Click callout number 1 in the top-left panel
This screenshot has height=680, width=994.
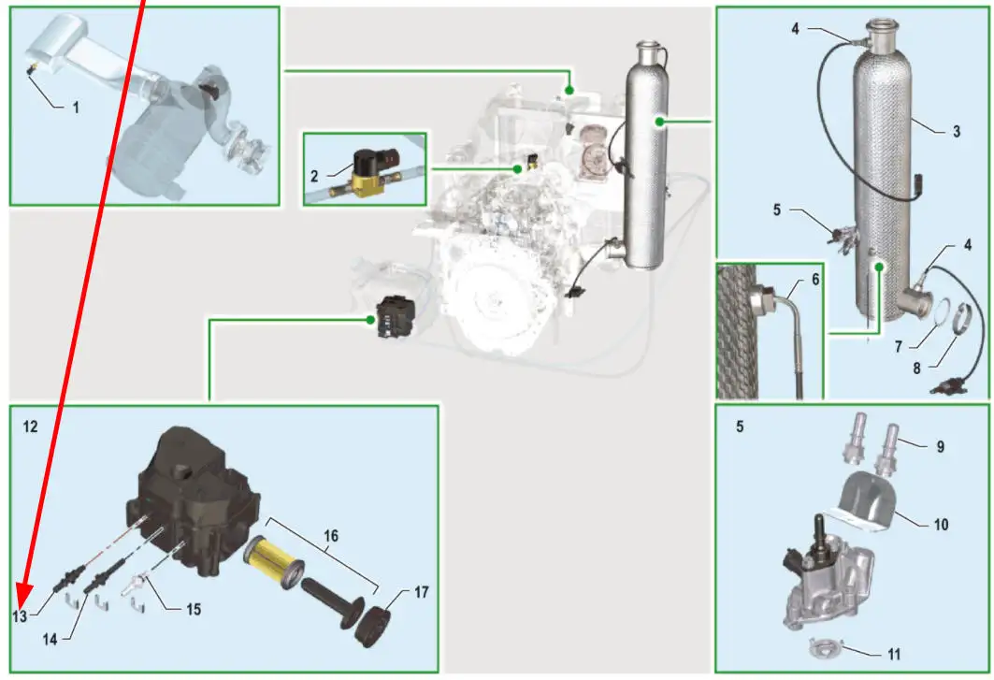pyautogui.click(x=76, y=107)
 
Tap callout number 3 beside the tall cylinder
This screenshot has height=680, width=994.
pyautogui.click(x=956, y=132)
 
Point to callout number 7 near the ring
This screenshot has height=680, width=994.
pyautogui.click(x=897, y=346)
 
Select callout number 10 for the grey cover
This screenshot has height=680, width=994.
pyautogui.click(x=940, y=525)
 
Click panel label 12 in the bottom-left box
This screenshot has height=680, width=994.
pyautogui.click(x=31, y=426)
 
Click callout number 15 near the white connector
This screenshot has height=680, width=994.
pyautogui.click(x=192, y=610)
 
